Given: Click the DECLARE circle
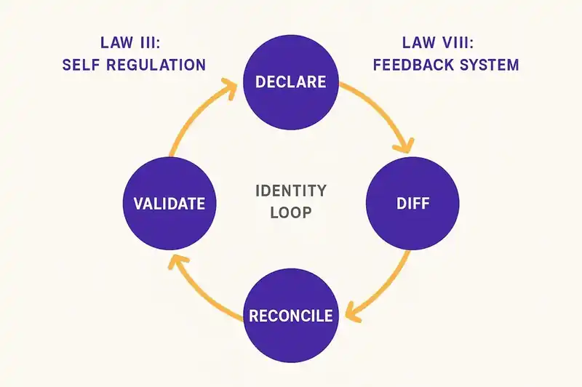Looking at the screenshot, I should (x=290, y=81).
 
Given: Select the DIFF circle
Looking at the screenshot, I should (x=413, y=203).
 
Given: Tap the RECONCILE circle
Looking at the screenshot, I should (x=290, y=316).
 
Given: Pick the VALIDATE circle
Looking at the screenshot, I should (x=169, y=203).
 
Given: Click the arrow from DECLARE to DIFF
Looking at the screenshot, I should (x=378, y=109).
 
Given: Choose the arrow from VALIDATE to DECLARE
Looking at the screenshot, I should (x=191, y=116).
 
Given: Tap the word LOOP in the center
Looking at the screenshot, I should (x=291, y=215).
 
